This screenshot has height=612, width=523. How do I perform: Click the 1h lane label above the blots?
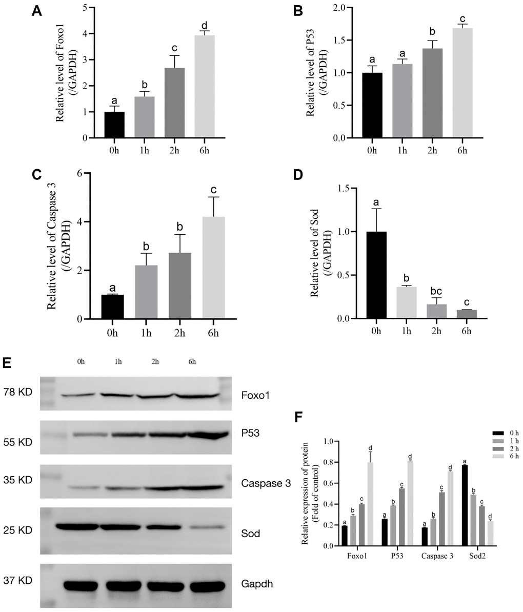coord(118,362)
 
